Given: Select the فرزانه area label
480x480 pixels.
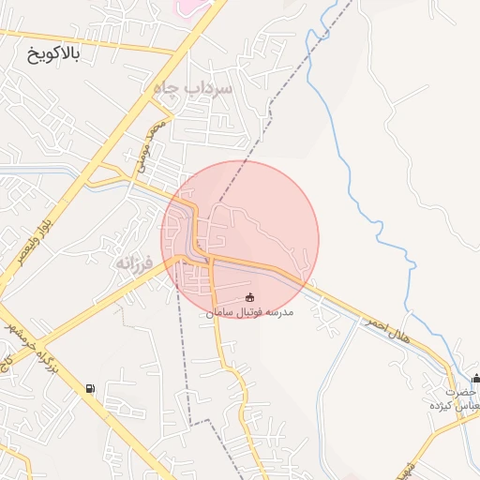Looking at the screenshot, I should tap(134, 263).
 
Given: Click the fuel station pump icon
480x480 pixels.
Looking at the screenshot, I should tap(89, 388).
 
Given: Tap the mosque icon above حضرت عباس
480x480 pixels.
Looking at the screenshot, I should tap(476, 379).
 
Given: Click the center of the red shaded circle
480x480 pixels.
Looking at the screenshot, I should tap(240, 239).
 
